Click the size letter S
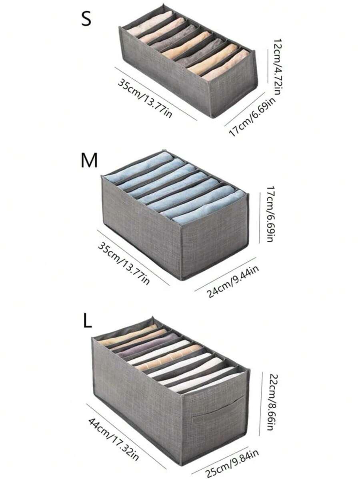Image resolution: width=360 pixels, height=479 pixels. coord(86,19)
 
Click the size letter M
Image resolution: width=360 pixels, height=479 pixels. coord(89,160)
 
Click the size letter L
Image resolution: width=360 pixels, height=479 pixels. coord(88,321)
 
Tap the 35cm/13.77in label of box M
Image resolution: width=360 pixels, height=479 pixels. coord(124,262)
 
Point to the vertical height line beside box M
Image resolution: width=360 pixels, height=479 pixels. coord(260,218)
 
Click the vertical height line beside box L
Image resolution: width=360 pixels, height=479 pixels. coord(260,403)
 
